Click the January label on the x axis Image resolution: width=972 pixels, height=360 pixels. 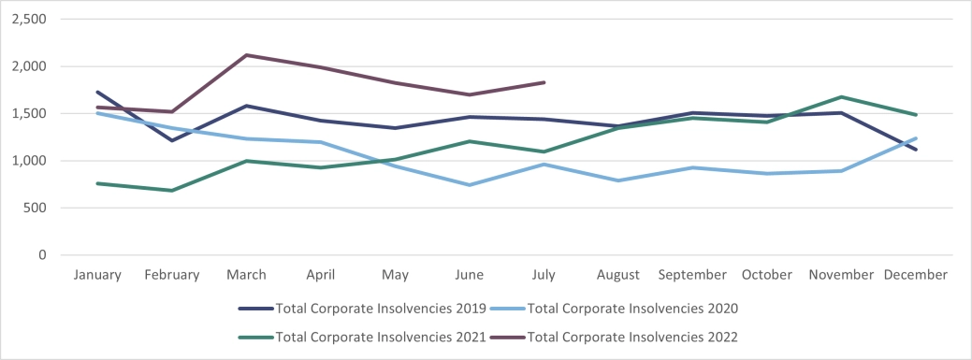click(x=97, y=275)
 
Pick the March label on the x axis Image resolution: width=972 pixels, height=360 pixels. click(x=246, y=275)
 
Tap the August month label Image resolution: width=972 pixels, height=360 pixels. click(x=617, y=275)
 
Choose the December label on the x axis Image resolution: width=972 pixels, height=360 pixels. click(x=915, y=275)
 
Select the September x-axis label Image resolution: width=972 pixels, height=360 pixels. click(x=692, y=275)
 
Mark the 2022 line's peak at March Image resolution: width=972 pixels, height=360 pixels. click(x=246, y=55)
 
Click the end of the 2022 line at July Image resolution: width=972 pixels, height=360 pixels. click(x=544, y=82)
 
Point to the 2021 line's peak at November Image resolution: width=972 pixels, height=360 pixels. click(x=841, y=97)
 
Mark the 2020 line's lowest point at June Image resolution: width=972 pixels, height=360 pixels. click(x=469, y=185)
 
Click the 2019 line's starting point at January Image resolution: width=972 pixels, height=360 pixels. click(x=97, y=92)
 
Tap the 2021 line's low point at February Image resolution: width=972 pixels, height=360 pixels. click(x=172, y=191)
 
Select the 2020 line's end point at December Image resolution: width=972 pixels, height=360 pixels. click(x=916, y=138)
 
